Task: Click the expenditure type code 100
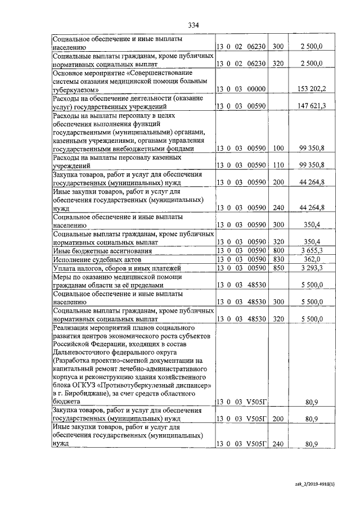(278, 149)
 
